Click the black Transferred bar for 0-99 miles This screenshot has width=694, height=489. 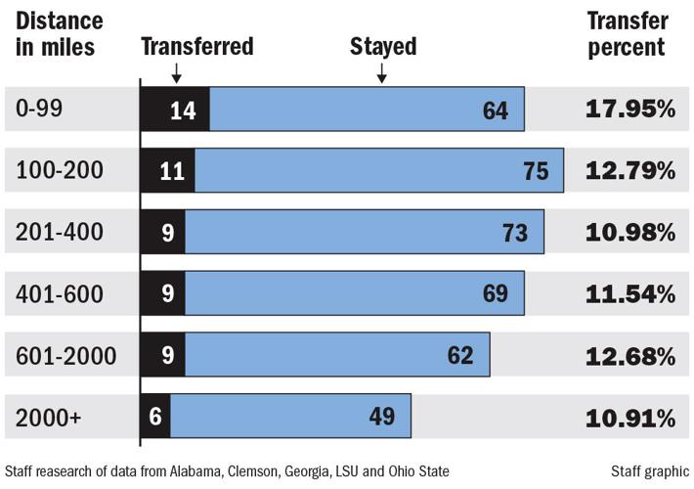click(175, 110)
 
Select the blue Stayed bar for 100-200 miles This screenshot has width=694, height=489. click(378, 170)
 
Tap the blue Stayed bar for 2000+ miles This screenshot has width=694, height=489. click(290, 417)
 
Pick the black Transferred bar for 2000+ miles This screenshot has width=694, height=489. click(155, 417)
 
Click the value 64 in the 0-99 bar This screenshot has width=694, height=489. click(496, 110)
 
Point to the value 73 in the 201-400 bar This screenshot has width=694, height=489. click(514, 233)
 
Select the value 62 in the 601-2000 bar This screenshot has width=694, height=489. click(459, 355)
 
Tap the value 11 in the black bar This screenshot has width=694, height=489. click(172, 171)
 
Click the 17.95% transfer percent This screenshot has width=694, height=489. click(630, 109)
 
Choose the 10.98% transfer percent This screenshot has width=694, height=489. click(630, 233)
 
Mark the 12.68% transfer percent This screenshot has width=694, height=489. click(630, 355)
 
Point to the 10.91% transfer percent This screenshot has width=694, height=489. click(630, 418)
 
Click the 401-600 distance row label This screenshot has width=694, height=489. click(59, 294)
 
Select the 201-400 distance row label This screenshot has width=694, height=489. click(59, 233)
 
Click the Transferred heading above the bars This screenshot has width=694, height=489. click(197, 46)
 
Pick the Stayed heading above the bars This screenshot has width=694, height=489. click(383, 46)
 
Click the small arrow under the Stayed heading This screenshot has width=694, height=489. click(382, 73)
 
